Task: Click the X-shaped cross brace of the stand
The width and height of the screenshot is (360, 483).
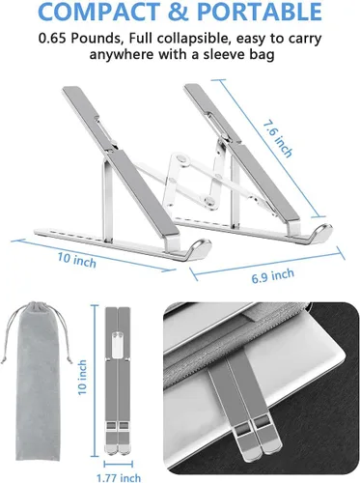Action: click(197, 181)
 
